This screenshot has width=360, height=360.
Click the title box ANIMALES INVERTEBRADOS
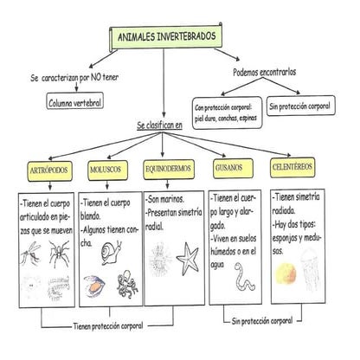[x=166, y=36]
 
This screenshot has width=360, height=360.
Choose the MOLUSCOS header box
[x=110, y=168]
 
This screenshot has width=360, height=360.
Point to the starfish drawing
[x=188, y=257]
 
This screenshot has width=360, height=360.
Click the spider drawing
[x=61, y=252]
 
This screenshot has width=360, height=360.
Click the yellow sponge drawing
[x=284, y=273]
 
